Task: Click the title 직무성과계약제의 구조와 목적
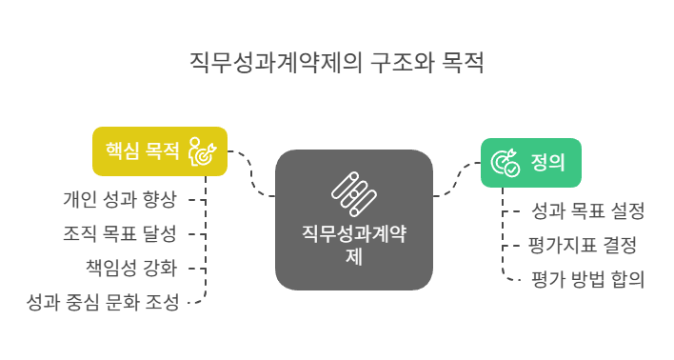(337, 64)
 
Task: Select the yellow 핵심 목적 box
(160, 151)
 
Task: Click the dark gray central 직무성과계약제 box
(354, 219)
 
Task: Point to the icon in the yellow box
(203, 151)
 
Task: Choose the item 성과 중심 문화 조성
(103, 303)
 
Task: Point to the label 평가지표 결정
(582, 245)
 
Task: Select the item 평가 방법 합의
(587, 279)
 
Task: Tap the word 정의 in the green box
(545, 163)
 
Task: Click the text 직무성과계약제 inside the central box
(354, 234)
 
